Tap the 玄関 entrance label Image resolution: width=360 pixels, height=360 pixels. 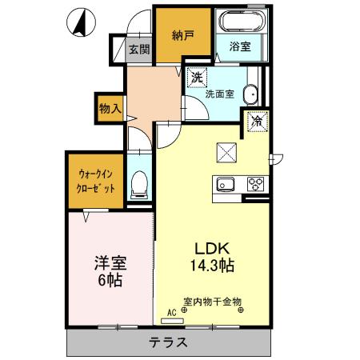(x=139, y=49)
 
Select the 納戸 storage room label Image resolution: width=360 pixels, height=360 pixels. (x=182, y=35)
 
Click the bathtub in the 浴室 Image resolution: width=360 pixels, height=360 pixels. (x=239, y=22)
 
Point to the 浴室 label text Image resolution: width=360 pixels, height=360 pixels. (x=239, y=46)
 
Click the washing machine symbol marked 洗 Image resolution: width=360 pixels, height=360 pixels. (x=197, y=78)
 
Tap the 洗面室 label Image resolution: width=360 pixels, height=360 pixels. (x=218, y=94)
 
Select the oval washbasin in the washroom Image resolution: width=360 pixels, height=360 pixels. (x=251, y=94)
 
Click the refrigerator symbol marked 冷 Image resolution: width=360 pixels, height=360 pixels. (x=258, y=122)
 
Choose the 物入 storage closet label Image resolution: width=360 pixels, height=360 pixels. (x=110, y=108)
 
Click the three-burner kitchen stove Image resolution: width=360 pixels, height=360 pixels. (x=257, y=183)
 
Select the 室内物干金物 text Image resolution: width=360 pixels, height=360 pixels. (x=213, y=302)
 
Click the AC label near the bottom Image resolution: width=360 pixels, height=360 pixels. (x=170, y=312)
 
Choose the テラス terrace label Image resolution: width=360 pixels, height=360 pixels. (x=168, y=342)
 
